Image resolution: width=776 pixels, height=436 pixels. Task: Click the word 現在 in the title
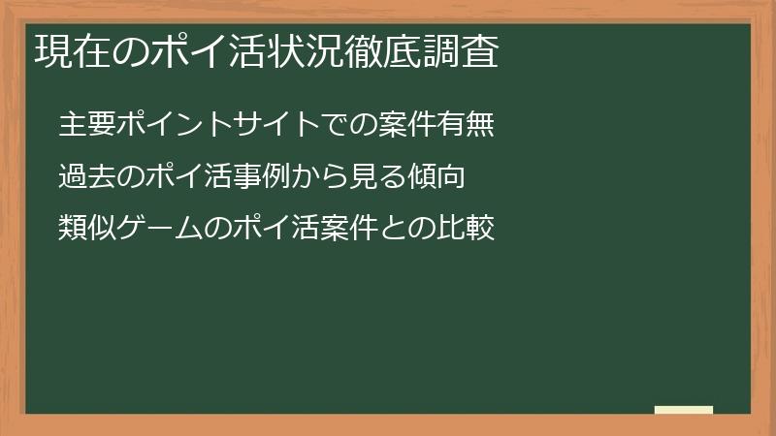click(x=72, y=51)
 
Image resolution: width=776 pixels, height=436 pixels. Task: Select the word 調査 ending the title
click(x=460, y=51)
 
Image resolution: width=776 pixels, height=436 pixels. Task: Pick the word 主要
click(x=87, y=124)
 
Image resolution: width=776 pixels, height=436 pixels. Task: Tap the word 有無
click(x=466, y=124)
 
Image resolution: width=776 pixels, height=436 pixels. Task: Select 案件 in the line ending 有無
click(x=407, y=124)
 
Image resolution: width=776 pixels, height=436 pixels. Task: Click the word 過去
click(x=87, y=176)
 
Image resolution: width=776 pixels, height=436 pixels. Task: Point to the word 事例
click(x=262, y=176)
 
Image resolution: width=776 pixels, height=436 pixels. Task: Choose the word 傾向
click(x=436, y=176)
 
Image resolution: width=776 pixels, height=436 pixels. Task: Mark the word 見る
click(x=378, y=176)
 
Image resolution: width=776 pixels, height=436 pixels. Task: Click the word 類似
click(x=87, y=228)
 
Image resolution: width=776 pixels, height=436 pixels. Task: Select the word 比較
click(x=466, y=228)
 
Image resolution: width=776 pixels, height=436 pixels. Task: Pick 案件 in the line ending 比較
click(x=349, y=228)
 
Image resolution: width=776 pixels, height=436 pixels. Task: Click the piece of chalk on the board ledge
click(x=684, y=410)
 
